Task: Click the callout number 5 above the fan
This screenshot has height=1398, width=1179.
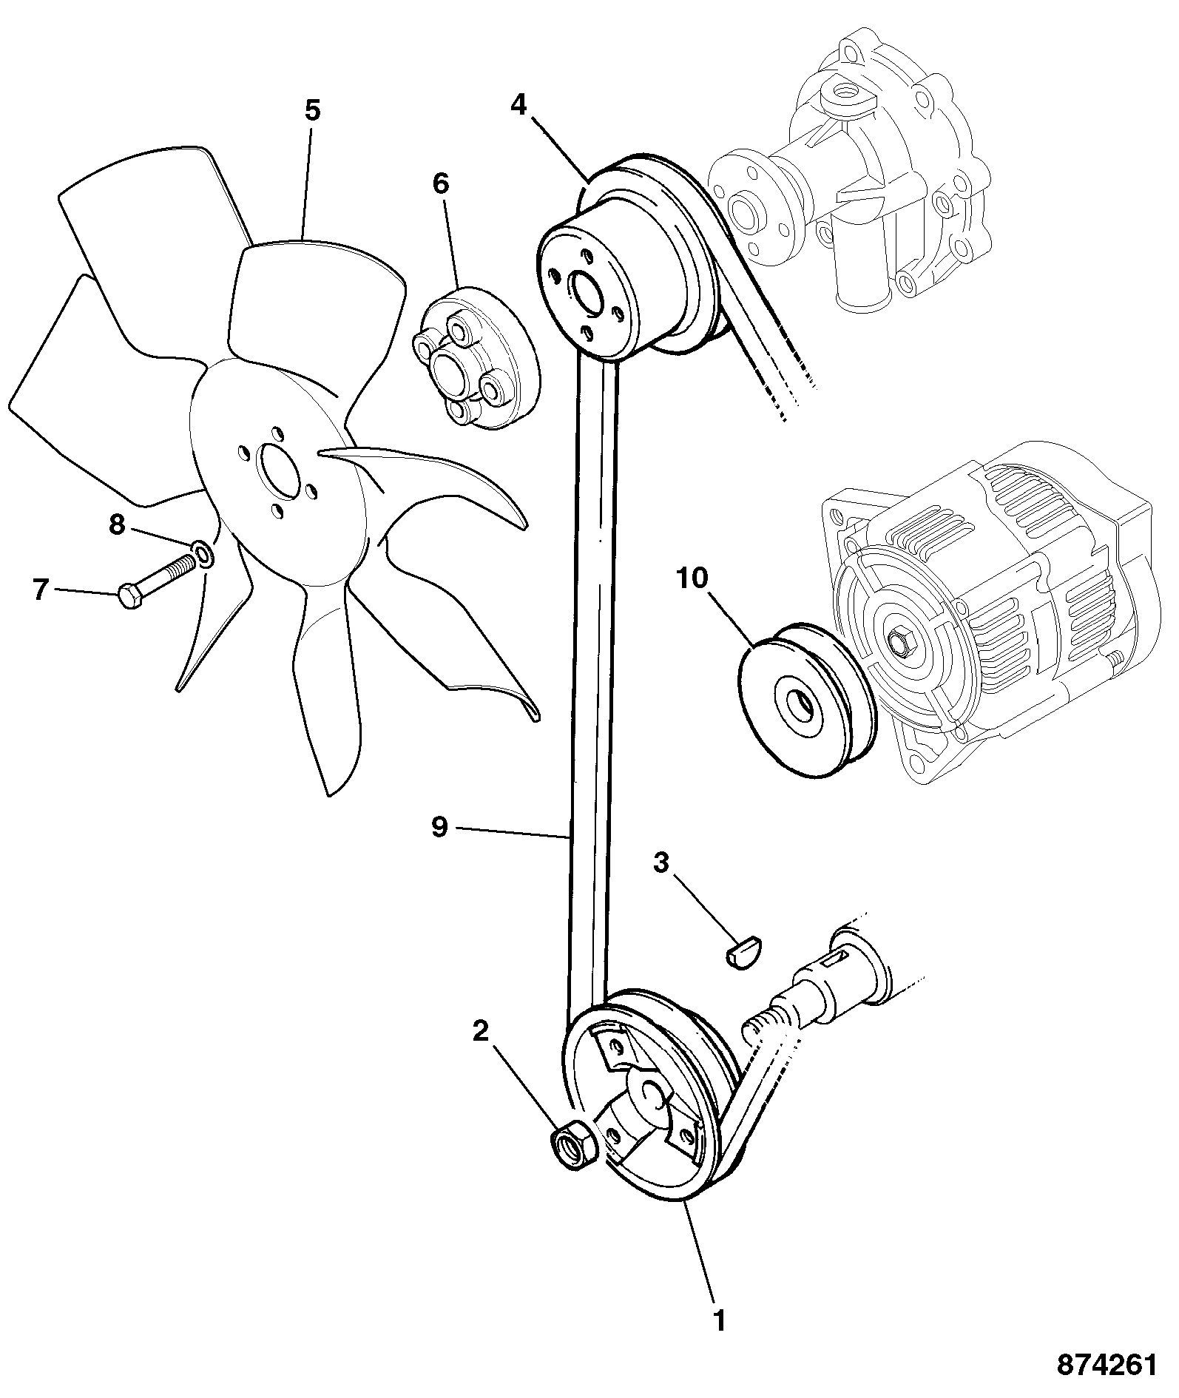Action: point(312,111)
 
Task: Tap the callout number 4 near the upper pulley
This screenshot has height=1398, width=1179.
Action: point(518,106)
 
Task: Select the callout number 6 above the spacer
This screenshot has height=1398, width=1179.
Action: point(441,183)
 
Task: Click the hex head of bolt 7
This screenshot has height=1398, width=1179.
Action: point(130,595)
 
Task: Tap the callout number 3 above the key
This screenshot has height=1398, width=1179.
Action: point(662,862)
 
